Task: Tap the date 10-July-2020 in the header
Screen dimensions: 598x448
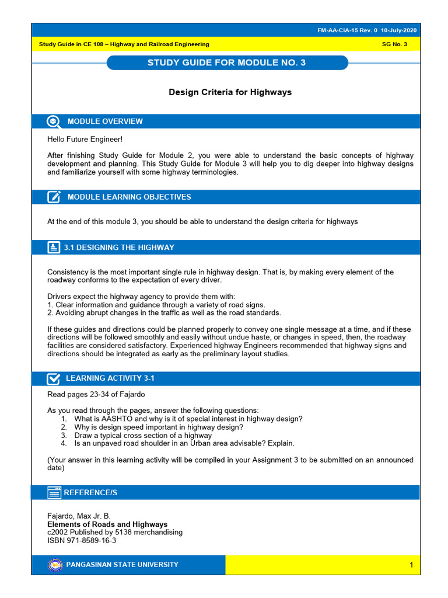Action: click(x=399, y=30)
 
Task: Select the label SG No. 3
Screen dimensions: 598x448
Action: click(x=394, y=44)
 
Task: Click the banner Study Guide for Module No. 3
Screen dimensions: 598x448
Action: click(x=227, y=63)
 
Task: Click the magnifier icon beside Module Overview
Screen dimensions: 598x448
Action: click(x=54, y=121)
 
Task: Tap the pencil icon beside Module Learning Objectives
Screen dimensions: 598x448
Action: click(x=54, y=197)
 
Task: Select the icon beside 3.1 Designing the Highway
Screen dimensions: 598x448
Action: click(x=54, y=248)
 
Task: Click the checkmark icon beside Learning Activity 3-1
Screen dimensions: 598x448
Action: click(x=54, y=378)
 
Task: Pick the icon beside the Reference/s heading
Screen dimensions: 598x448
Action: click(x=54, y=493)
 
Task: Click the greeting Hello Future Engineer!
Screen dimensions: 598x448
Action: click(x=85, y=139)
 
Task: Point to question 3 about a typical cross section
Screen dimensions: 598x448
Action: click(x=143, y=435)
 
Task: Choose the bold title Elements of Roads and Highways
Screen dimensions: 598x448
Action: click(x=107, y=524)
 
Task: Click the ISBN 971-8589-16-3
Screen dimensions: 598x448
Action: click(x=82, y=540)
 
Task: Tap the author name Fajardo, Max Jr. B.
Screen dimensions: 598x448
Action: click(x=79, y=516)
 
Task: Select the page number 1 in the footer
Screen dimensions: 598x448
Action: click(x=411, y=565)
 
